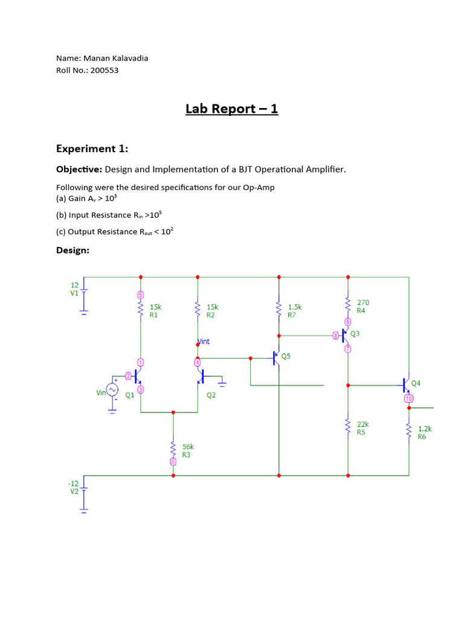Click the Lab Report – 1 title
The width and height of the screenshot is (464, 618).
pyautogui.click(x=231, y=109)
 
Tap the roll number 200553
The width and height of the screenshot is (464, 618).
pyautogui.click(x=105, y=70)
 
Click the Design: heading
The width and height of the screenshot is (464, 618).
pyautogui.click(x=72, y=250)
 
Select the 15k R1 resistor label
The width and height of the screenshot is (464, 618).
pyautogui.click(x=155, y=311)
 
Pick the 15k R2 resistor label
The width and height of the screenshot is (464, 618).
pyautogui.click(x=212, y=311)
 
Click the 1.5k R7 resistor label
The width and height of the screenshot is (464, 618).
pyautogui.click(x=294, y=311)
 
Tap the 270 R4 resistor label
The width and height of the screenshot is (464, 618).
pyautogui.click(x=362, y=307)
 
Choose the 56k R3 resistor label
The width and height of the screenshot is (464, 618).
pyautogui.click(x=188, y=451)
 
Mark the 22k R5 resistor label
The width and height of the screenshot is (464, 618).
pyautogui.click(x=362, y=428)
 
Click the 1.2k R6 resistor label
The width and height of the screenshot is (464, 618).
pyautogui.click(x=425, y=433)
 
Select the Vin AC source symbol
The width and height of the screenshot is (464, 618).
pyautogui.click(x=112, y=391)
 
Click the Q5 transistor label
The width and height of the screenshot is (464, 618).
pyautogui.click(x=286, y=356)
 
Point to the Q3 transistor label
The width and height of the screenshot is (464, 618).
pyautogui.click(x=355, y=333)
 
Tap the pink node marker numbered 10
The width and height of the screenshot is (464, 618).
pyautogui.click(x=408, y=399)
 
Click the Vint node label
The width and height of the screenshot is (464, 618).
pyautogui.click(x=204, y=342)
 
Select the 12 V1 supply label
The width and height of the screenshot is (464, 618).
pyautogui.click(x=74, y=288)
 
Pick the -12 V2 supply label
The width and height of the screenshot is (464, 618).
pyautogui.click(x=74, y=488)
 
